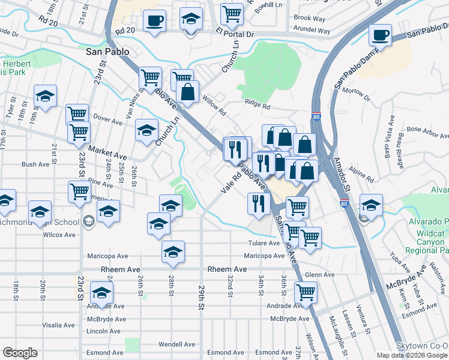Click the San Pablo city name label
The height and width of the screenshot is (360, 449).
107,52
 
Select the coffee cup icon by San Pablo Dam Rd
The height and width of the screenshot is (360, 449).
380,34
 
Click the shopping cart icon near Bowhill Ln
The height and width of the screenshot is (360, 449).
232,13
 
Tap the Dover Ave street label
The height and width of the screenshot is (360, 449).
108,119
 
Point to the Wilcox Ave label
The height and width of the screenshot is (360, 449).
59,235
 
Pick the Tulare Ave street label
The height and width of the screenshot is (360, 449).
265,243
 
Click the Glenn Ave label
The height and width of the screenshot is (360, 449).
319,274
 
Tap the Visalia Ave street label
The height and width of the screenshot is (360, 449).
58,325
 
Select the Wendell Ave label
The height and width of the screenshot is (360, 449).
176,344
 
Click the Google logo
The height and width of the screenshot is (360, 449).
19,353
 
